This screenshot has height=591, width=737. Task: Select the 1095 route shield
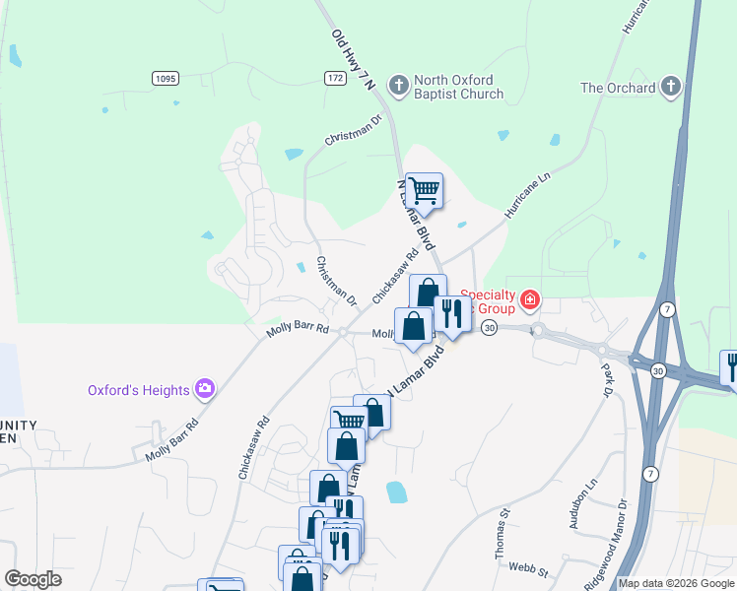point(166,77)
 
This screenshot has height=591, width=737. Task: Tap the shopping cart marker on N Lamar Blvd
point(424,190)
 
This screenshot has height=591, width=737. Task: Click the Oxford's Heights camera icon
point(205,389)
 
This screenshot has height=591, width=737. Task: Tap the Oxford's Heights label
point(137,390)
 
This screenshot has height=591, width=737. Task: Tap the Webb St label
point(528,566)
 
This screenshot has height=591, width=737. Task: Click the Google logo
point(33,578)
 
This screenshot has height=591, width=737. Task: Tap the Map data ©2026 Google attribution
point(675,583)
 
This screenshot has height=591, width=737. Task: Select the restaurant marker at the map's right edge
point(731,366)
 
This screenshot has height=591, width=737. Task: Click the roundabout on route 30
point(538,328)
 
